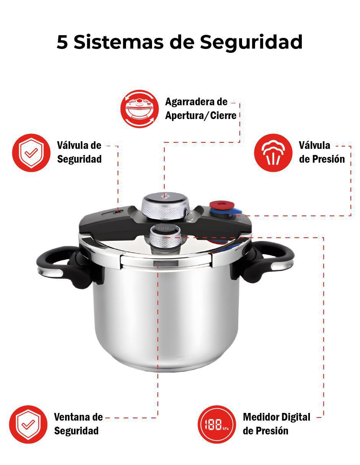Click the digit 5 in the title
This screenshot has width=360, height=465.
[62, 42]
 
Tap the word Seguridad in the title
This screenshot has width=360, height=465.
[251, 42]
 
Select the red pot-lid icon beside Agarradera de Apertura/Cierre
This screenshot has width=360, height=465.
[139, 109]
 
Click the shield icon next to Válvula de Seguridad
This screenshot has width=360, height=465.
[31, 153]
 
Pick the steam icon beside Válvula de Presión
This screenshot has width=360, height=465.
[273, 153]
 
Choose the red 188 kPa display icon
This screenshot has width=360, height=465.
[217, 424]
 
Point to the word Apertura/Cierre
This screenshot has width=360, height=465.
[201, 116]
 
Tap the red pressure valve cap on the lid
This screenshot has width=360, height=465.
[221, 206]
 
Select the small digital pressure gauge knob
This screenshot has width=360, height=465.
[165, 238]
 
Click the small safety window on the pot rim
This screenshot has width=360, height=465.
[165, 263]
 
